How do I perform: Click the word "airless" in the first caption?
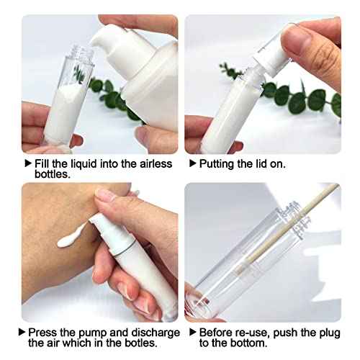pos(156,164)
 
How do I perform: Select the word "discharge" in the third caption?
pos(156,333)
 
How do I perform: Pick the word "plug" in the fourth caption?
pos(330,333)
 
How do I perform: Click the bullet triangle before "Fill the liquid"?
pos(28,163)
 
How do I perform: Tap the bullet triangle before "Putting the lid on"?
pos(193,163)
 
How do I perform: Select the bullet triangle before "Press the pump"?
pos(22,332)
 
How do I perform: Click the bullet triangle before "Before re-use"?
pos(193,332)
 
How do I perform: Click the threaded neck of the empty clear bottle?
pos(294,220)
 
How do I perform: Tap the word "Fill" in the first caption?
pos(42,164)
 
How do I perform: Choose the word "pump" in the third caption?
pos(93,333)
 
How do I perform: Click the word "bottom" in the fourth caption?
pos(250,343)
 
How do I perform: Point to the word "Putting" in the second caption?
pos(217,164)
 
